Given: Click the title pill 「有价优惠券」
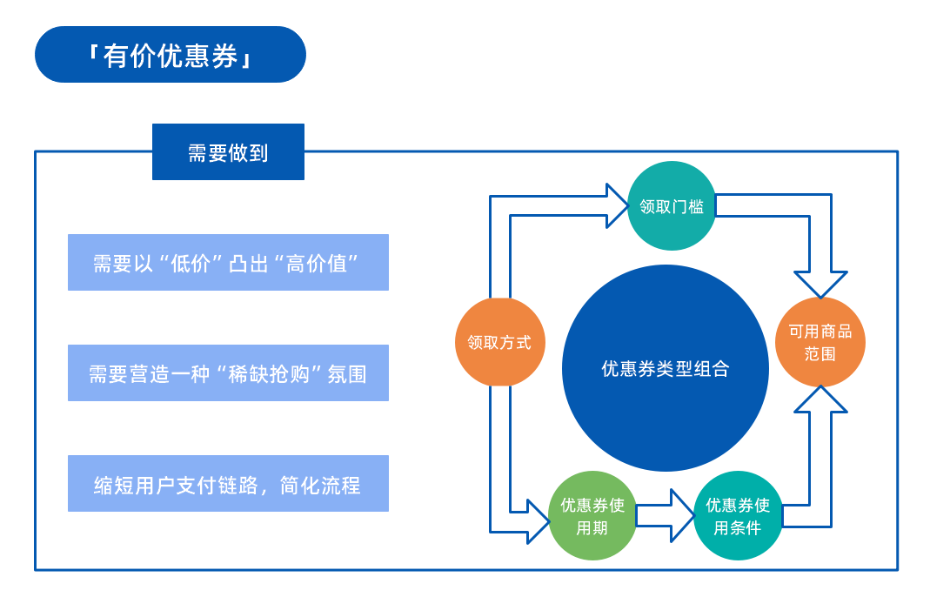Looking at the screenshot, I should (x=171, y=55).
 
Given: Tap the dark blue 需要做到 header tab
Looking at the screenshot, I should (x=228, y=152).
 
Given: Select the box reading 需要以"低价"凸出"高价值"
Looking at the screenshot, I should (x=228, y=263).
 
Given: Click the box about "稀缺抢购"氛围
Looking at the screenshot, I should (x=228, y=373).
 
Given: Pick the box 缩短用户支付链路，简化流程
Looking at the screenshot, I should (x=228, y=484).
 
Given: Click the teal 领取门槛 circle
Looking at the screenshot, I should (x=672, y=206).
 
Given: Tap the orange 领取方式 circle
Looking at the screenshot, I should (x=499, y=342).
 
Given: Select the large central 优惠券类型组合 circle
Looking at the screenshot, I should (x=666, y=368).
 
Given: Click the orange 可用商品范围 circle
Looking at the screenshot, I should (x=820, y=342).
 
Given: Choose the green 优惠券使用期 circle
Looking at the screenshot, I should (x=592, y=515).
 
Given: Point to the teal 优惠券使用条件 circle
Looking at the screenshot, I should (x=738, y=515).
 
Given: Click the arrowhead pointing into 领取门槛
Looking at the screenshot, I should (x=615, y=205).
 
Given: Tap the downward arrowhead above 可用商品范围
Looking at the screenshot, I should (x=820, y=284).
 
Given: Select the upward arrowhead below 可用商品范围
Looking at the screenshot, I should (x=820, y=400).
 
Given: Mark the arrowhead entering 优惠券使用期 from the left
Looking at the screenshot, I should (x=538, y=520).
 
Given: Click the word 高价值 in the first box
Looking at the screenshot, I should (x=322, y=263).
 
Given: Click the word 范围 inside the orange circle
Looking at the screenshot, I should (x=820, y=353).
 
